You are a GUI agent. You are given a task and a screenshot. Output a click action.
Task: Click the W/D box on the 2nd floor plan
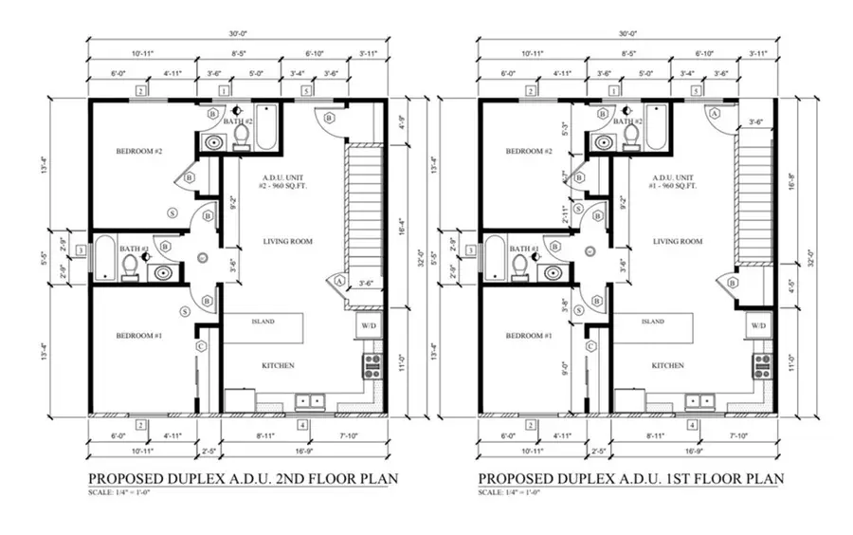click(369, 325)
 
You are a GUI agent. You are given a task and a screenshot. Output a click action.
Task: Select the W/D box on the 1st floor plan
click(758, 325)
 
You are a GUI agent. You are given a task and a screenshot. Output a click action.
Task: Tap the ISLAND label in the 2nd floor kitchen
click(263, 322)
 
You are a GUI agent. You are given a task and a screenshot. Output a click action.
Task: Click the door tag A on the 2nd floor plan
click(339, 280)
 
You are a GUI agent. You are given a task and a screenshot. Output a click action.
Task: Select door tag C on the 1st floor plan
click(590, 346)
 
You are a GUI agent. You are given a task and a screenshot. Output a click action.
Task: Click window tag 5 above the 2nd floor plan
click(306, 91)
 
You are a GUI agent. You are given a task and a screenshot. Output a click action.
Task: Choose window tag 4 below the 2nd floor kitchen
click(302, 425)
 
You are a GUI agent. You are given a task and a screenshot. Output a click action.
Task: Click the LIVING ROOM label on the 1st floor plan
click(678, 242)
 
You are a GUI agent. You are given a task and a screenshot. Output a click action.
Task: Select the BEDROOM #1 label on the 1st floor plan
click(528, 337)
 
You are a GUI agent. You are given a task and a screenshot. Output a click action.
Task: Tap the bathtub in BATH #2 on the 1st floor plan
click(655, 129)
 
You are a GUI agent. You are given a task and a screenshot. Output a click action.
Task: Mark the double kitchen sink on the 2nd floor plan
click(310, 400)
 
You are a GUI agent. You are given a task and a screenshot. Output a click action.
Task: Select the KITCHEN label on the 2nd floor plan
click(278, 365)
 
